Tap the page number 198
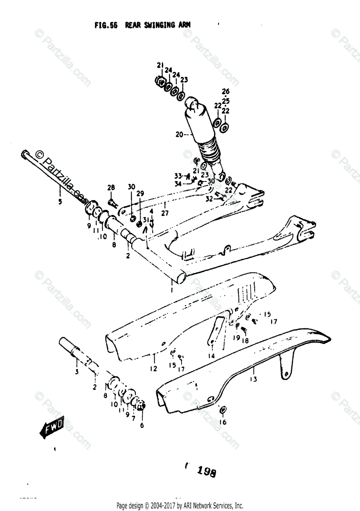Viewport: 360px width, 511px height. (206, 472)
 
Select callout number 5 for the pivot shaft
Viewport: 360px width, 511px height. (60, 201)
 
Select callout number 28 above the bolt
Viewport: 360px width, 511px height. (111, 188)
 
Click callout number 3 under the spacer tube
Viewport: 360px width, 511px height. (77, 372)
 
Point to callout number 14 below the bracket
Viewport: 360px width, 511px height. (211, 356)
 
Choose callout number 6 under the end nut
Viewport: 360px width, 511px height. (142, 425)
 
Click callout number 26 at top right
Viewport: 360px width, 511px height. (225, 91)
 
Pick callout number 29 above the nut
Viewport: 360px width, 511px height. (140, 193)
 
